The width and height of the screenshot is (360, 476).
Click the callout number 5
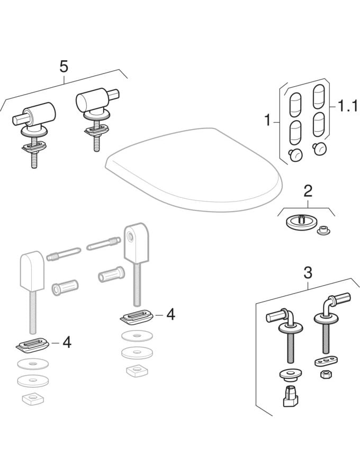(64, 67)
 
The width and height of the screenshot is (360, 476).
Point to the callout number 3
(308, 273)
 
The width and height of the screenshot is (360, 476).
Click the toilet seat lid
(193, 169)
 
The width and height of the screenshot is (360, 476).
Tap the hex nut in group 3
(326, 374)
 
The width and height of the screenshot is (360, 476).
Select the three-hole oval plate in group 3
(324, 362)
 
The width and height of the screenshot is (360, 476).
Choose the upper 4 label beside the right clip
(170, 315)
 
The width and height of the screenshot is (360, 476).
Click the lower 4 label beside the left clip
(67, 342)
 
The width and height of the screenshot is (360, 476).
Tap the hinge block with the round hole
(137, 242)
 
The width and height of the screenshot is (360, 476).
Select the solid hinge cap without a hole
(32, 270)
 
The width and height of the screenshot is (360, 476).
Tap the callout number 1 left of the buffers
(267, 120)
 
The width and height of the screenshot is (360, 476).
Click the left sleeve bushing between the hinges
(65, 287)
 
